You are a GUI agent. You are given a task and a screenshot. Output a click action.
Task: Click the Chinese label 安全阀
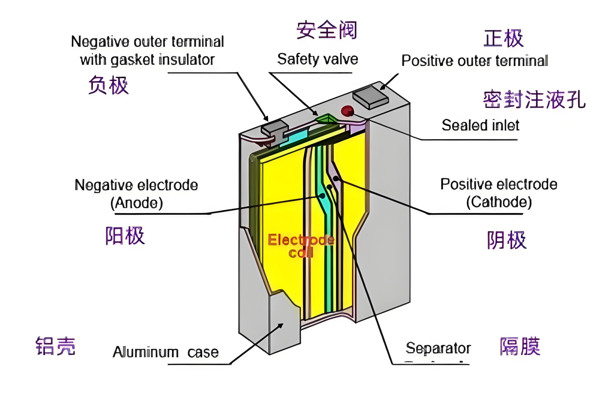[x=327, y=30]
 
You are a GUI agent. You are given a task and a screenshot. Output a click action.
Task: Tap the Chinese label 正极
[x=503, y=38]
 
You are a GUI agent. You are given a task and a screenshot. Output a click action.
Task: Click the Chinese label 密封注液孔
[x=534, y=99]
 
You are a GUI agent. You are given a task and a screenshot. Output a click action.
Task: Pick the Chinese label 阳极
[x=125, y=236]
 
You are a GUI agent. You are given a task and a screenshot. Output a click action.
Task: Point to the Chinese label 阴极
[x=507, y=240]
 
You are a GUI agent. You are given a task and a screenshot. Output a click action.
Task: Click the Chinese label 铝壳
[x=55, y=346]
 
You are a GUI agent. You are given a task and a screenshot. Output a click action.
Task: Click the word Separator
[x=438, y=348]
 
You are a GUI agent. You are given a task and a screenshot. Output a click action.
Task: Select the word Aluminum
[x=146, y=352]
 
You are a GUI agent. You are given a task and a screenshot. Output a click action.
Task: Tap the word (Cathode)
[x=499, y=202]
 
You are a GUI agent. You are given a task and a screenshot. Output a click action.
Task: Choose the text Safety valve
[x=318, y=59]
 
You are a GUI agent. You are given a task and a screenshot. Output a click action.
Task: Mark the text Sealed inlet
[x=480, y=125]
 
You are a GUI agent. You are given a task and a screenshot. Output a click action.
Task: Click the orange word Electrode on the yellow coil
[x=300, y=240]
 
